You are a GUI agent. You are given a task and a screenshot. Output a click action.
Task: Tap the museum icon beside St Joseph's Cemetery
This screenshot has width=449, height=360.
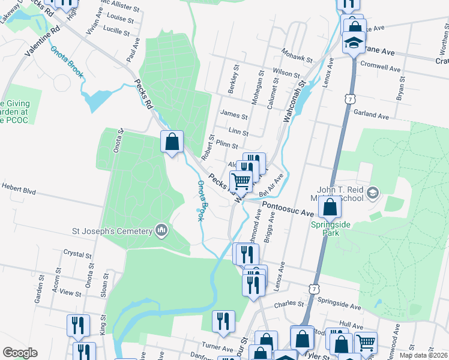coord(161,230)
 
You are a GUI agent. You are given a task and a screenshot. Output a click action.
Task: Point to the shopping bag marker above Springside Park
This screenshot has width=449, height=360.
coord(330,207)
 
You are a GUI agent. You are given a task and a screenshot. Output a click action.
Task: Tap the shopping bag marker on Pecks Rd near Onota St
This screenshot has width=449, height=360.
coord(172,142)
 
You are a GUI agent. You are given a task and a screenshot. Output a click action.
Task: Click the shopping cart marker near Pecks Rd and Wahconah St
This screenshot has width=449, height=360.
coord(241,181)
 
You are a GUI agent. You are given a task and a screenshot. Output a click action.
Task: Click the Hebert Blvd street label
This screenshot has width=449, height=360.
coord(19,191)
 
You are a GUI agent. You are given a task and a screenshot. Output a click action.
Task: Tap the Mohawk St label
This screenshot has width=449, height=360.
coord(300,59)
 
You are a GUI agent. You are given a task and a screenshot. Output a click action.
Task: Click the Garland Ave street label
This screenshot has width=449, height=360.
coord(372,113)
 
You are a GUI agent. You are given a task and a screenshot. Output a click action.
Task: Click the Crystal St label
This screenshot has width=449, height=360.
coord(77,254)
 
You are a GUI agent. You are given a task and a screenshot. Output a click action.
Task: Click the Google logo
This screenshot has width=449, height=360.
coord(20,353)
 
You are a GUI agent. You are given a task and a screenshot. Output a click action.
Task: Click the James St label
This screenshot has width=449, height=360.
coord(234,115)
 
